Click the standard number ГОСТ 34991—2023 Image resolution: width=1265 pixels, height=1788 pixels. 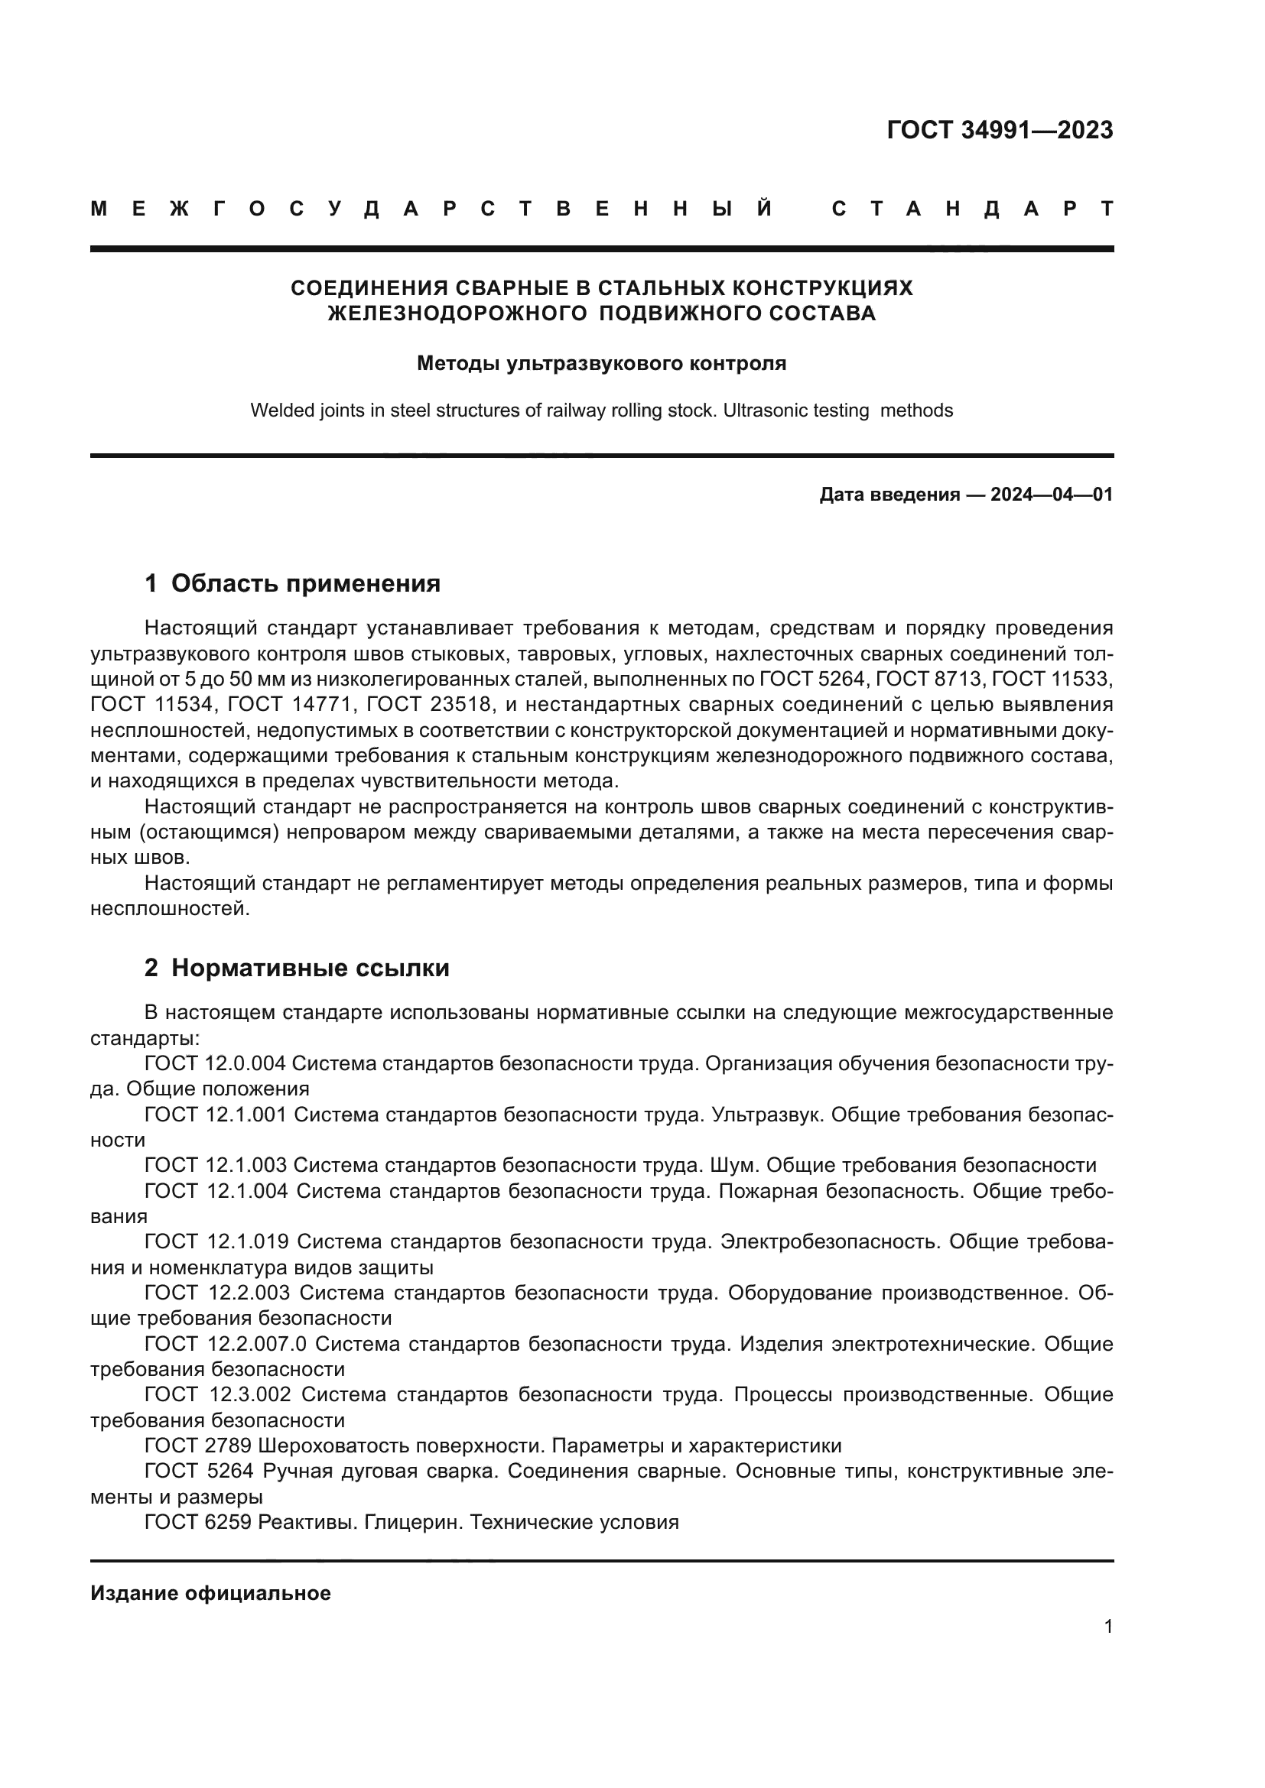(x=1000, y=130)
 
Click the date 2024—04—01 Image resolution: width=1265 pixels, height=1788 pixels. (x=1051, y=495)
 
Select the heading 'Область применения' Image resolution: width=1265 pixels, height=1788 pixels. (x=305, y=583)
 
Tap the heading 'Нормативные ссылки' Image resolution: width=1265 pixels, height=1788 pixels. (x=310, y=968)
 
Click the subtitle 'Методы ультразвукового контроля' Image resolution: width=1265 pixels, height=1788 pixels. (x=601, y=363)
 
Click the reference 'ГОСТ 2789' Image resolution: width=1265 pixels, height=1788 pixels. (x=198, y=1446)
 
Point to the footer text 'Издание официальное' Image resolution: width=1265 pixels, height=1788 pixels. (x=210, y=1593)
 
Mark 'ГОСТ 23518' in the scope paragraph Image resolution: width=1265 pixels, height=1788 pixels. (x=428, y=705)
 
